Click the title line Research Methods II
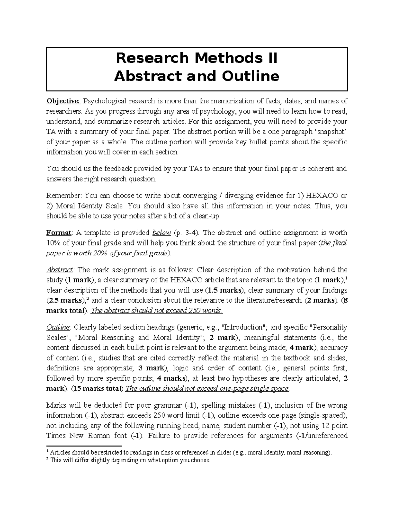click(x=196, y=58)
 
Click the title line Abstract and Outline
click(x=196, y=76)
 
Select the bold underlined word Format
click(x=58, y=233)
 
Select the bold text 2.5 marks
click(x=65, y=300)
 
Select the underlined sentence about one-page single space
click(x=208, y=389)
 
